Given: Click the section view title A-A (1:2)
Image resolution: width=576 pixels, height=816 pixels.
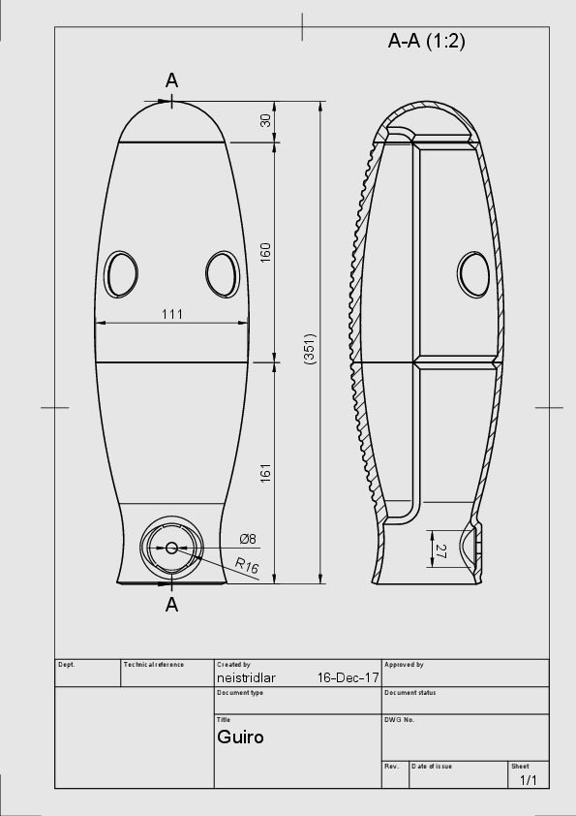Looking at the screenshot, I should tap(426, 41).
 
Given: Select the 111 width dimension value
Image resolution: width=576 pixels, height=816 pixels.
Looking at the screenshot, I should tap(172, 314).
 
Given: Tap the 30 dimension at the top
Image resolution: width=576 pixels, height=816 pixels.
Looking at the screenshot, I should tap(265, 121).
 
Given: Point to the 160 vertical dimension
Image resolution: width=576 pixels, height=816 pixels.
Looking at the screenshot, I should tap(265, 252).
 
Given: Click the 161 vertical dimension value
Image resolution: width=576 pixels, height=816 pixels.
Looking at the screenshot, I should tap(265, 473).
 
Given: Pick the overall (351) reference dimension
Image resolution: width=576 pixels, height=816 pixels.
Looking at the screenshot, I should tap(310, 348).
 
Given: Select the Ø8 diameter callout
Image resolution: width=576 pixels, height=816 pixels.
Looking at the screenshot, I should tap(248, 539).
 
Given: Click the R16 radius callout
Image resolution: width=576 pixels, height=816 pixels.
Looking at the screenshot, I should tap(247, 566).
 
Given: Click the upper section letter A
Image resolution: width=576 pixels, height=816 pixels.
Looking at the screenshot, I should tap(171, 80).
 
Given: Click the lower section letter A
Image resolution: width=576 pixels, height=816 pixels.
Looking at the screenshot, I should tap(171, 605).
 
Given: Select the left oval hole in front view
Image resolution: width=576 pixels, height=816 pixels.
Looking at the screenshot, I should tap(122, 273).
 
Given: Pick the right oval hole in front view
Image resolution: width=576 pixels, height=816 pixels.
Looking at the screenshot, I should tap(221, 273).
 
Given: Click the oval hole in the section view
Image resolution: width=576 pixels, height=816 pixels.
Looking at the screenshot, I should tap(473, 273).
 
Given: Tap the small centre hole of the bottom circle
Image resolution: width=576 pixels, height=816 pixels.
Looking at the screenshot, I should tap(171, 548).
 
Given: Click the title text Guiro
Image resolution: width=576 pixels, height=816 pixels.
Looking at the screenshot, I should tap(240, 738).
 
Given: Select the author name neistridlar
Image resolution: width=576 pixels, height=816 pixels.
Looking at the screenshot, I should tap(247, 678).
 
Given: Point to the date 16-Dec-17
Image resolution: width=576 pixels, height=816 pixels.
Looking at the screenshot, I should tap(348, 678).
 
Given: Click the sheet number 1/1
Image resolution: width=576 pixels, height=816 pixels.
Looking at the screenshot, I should tap(529, 780).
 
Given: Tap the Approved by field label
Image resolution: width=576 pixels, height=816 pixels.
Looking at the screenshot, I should tap(404, 665).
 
